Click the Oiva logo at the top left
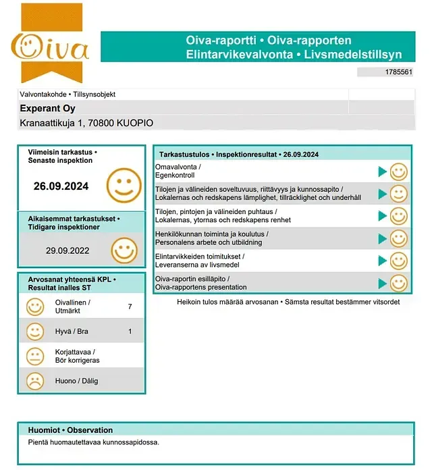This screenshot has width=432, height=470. click(x=51, y=47)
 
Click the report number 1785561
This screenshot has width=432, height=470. click(x=398, y=72)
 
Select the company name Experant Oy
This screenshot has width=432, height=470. click(x=47, y=109)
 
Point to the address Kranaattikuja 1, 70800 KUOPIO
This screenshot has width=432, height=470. click(x=86, y=123)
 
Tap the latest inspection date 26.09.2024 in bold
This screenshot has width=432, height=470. click(x=61, y=186)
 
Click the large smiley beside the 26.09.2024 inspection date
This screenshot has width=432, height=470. click(x=124, y=184)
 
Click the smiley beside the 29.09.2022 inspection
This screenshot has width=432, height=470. click(x=124, y=251)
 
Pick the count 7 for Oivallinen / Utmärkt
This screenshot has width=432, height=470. click(x=130, y=307)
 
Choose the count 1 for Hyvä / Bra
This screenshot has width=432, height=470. click(x=130, y=332)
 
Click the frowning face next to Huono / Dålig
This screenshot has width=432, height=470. click(x=34, y=381)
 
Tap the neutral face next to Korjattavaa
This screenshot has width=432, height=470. click(x=34, y=357)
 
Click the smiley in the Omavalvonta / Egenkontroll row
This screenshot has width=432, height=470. click(x=399, y=172)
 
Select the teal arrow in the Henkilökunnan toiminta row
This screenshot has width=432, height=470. click(x=383, y=238)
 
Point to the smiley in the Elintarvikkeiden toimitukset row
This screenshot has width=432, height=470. click(x=399, y=261)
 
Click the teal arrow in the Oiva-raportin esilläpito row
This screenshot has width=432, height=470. click(x=383, y=283)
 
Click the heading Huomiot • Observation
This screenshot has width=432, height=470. click(x=70, y=430)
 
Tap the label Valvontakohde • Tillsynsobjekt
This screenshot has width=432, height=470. click(x=72, y=95)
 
